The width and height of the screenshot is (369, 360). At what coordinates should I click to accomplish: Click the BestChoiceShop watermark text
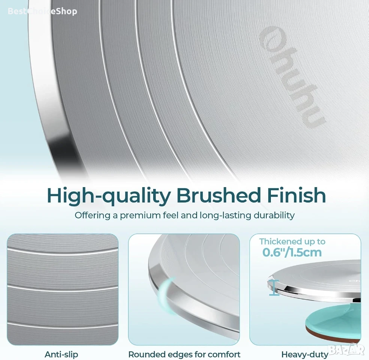pos(42,11)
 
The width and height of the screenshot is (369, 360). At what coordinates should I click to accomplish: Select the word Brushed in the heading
pos(218,195)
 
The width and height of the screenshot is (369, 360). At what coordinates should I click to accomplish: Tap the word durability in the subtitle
pos(274,215)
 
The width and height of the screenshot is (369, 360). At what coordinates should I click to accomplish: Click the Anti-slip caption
pos(61,354)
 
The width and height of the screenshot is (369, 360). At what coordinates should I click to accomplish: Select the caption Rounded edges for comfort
pos(184,354)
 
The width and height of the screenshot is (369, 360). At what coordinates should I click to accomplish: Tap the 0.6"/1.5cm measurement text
pos(292,252)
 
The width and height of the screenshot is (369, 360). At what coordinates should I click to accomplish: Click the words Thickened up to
pos(292,242)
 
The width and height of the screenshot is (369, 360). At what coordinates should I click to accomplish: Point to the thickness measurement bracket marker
pos(274,287)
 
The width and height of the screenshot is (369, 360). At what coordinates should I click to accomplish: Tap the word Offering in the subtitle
pos(92,216)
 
